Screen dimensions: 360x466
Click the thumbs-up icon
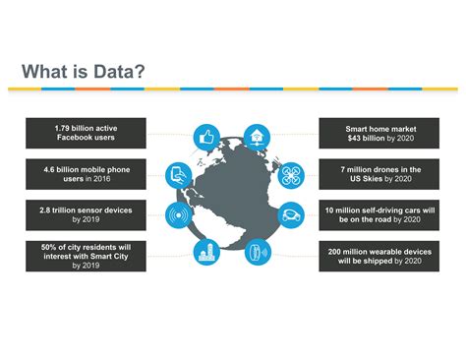pyautogui.click(x=207, y=139)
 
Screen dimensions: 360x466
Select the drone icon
pyautogui.click(x=289, y=176)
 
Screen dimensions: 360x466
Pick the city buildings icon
pyautogui.click(x=207, y=252)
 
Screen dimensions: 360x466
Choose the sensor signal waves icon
pyautogui.click(x=179, y=213)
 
